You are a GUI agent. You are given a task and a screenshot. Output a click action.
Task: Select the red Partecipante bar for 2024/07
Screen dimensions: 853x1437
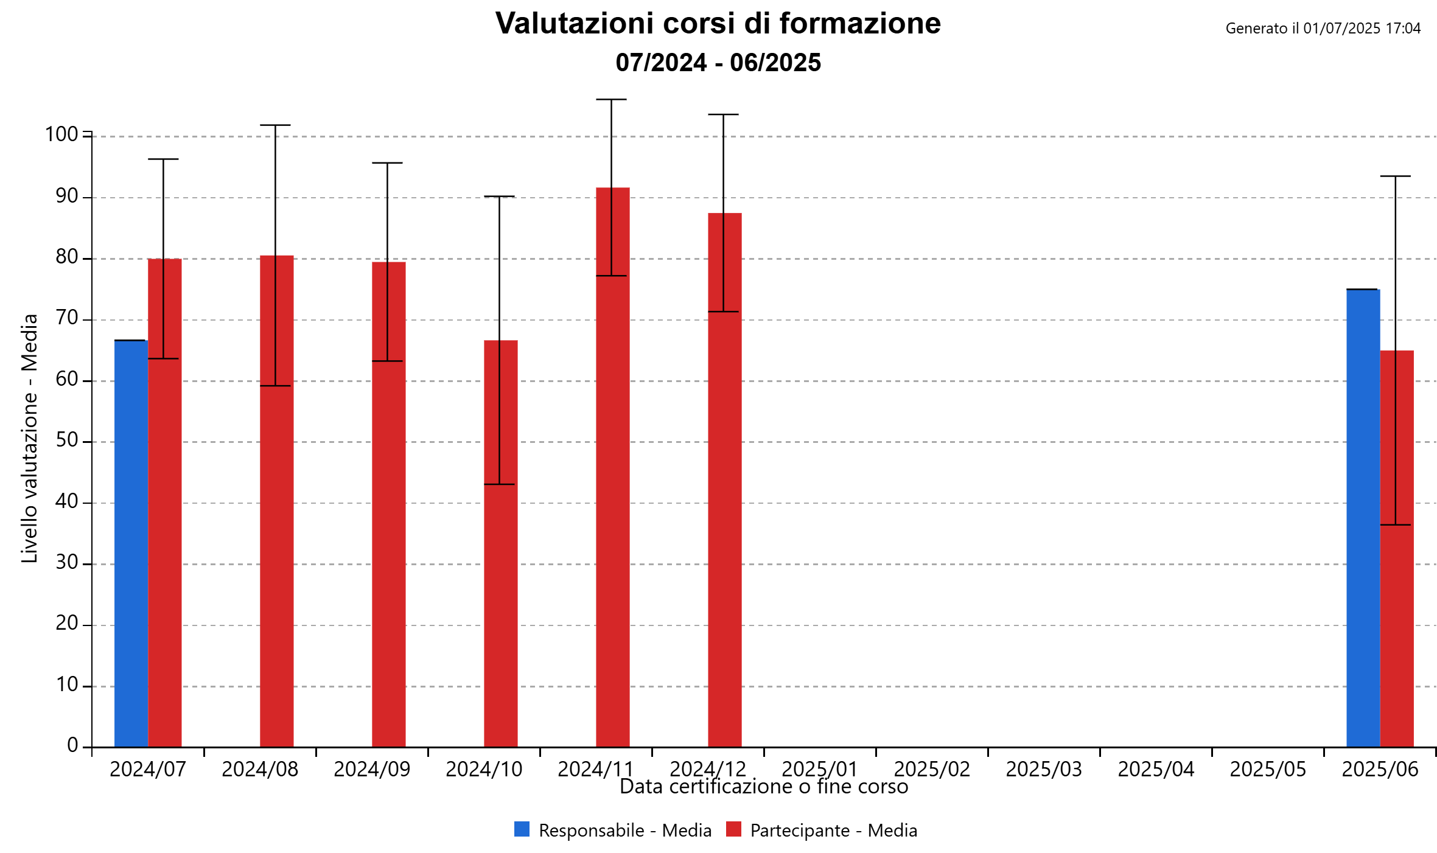coord(165,548)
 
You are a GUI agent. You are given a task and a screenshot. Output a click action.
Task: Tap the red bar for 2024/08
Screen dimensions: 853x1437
coord(277,548)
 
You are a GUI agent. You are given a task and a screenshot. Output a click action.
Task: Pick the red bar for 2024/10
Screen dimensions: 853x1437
coord(501,578)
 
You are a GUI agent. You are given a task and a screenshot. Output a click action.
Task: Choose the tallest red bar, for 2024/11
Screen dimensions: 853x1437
coord(613,487)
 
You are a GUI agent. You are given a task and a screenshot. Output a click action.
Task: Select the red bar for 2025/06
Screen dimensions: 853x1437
coord(1397,578)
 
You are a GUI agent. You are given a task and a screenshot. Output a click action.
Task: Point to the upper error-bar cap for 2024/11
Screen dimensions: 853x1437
coord(612,100)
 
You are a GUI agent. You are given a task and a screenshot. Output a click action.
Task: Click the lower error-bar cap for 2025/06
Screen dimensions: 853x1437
coord(1396,524)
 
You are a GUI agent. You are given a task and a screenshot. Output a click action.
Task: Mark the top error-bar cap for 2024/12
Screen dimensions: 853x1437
coord(724,114)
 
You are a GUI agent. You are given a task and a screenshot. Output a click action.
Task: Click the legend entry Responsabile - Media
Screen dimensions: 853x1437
coord(624,830)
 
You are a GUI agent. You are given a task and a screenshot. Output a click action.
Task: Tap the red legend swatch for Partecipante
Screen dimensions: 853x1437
coord(733,829)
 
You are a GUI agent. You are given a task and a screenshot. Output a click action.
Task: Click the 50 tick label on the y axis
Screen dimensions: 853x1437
coord(67,440)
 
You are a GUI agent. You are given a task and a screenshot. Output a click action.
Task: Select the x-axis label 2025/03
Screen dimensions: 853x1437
coord(1044,769)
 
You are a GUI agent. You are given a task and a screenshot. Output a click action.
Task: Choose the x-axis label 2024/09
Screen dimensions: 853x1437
coord(372,769)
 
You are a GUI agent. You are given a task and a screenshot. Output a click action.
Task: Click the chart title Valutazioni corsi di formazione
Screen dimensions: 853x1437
coord(718,24)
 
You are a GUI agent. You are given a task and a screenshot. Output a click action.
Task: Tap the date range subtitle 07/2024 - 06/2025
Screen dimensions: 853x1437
coord(718,63)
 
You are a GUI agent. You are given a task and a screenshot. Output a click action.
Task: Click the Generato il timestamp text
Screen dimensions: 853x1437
coord(1323,29)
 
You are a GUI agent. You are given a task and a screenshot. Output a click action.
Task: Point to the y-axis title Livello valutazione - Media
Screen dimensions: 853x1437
coord(30,438)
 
